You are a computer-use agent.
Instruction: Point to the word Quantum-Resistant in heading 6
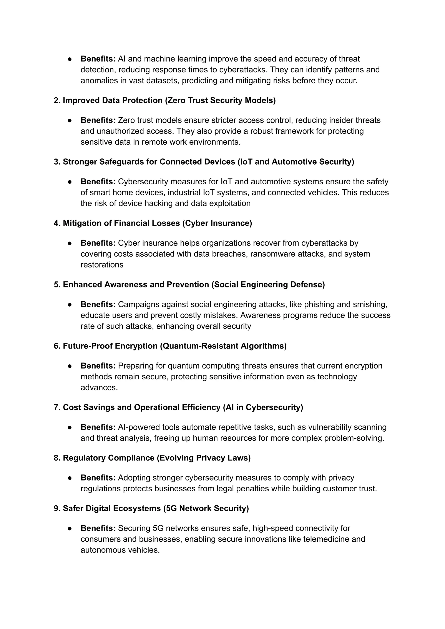pos(201,346)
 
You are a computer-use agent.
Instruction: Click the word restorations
pos(102,265)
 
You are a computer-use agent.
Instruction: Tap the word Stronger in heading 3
pos(80,162)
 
